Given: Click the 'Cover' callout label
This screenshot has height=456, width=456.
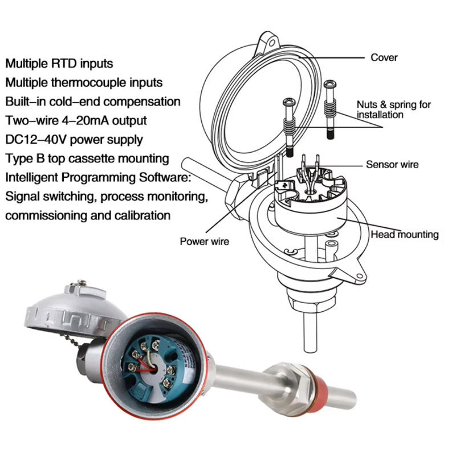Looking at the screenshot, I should point(384,58).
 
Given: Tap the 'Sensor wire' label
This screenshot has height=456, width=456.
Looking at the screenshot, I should point(392,165).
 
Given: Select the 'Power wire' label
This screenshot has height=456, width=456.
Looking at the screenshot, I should point(204,241).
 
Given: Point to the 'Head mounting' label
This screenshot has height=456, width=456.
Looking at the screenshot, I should point(405,234).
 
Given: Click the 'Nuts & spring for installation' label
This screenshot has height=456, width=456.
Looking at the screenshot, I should point(393,109).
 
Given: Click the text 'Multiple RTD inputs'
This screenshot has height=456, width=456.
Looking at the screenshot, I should point(59,63).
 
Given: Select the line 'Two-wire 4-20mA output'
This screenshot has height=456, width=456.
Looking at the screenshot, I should point(76,120).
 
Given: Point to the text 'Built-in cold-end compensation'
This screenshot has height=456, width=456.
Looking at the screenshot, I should point(93,101).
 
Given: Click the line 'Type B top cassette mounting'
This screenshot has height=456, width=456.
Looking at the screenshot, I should point(87,158).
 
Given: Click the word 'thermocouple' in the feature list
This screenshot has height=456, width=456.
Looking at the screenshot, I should point(84,83).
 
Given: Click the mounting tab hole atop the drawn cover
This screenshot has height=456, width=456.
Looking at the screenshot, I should point(270,42).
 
